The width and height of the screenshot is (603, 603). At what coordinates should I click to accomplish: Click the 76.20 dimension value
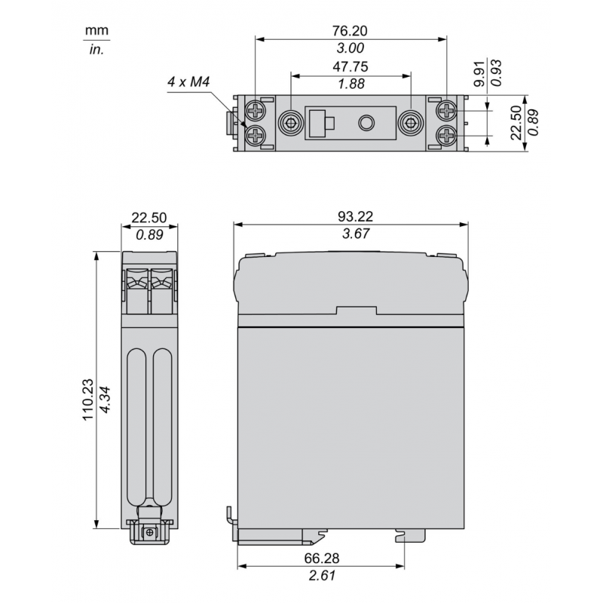[351, 31]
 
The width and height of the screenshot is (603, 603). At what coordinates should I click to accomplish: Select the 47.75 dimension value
[350, 67]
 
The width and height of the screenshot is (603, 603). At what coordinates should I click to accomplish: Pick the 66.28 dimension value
[321, 561]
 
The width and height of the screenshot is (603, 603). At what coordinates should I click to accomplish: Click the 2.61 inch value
[321, 577]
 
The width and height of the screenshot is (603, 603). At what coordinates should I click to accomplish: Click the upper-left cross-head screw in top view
[258, 112]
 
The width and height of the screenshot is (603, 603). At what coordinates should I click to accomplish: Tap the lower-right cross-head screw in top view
[447, 136]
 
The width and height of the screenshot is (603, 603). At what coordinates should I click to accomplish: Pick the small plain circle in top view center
[367, 123]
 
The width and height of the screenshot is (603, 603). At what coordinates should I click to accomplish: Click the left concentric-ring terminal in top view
[289, 123]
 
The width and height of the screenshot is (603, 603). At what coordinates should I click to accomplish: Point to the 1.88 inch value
[350, 84]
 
